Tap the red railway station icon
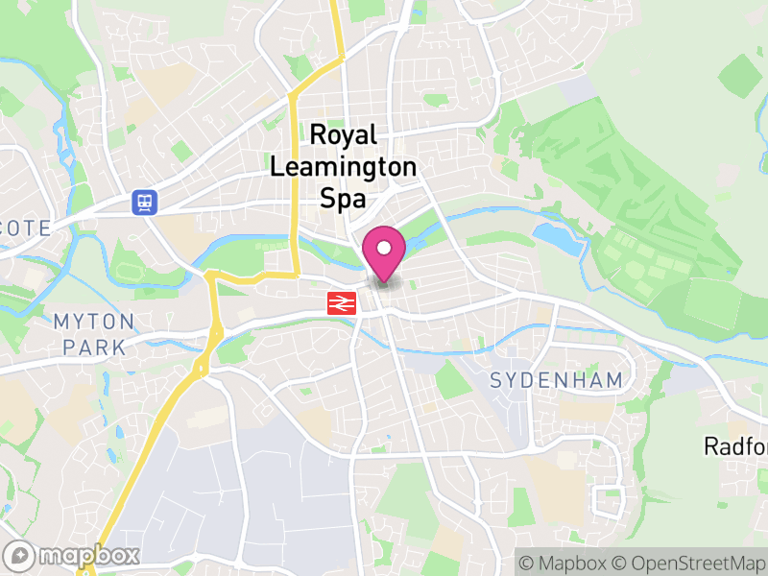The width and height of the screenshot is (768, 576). [341, 303]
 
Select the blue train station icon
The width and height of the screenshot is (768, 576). [145, 202]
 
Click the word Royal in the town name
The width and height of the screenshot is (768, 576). [344, 135]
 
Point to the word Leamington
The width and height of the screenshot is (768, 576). [344, 167]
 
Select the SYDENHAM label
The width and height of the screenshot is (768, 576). [556, 380]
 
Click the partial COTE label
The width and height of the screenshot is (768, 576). [24, 228]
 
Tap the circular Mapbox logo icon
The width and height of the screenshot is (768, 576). [19, 555]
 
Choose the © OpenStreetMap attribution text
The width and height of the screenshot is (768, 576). [689, 562]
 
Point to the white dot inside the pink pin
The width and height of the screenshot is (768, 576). [384, 248]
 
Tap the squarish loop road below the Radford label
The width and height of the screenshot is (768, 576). [609, 501]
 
